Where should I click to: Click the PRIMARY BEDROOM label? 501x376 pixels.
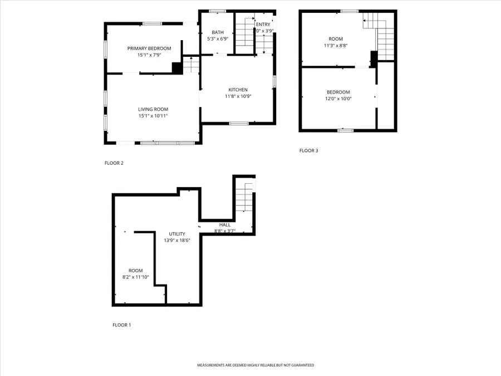149,48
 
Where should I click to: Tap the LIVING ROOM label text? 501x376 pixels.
153,109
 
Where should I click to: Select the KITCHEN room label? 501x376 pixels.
238,90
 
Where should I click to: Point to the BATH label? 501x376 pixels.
217,32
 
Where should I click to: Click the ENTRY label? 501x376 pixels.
263,25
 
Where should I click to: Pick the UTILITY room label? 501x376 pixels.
178,234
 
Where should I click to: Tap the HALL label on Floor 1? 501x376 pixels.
224,225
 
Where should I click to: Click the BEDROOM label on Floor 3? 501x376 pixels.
338,92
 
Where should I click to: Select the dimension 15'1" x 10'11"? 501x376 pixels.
153,116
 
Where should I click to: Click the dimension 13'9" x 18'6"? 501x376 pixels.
178,241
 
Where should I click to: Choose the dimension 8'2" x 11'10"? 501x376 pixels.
135,277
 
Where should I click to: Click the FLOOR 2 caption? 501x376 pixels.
114,163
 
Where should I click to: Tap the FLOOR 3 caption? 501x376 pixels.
308,150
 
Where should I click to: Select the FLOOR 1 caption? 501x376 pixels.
121,325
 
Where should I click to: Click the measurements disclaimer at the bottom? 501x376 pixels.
256,365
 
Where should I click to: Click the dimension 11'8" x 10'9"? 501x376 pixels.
238,96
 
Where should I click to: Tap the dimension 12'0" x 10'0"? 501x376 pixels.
338,99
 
